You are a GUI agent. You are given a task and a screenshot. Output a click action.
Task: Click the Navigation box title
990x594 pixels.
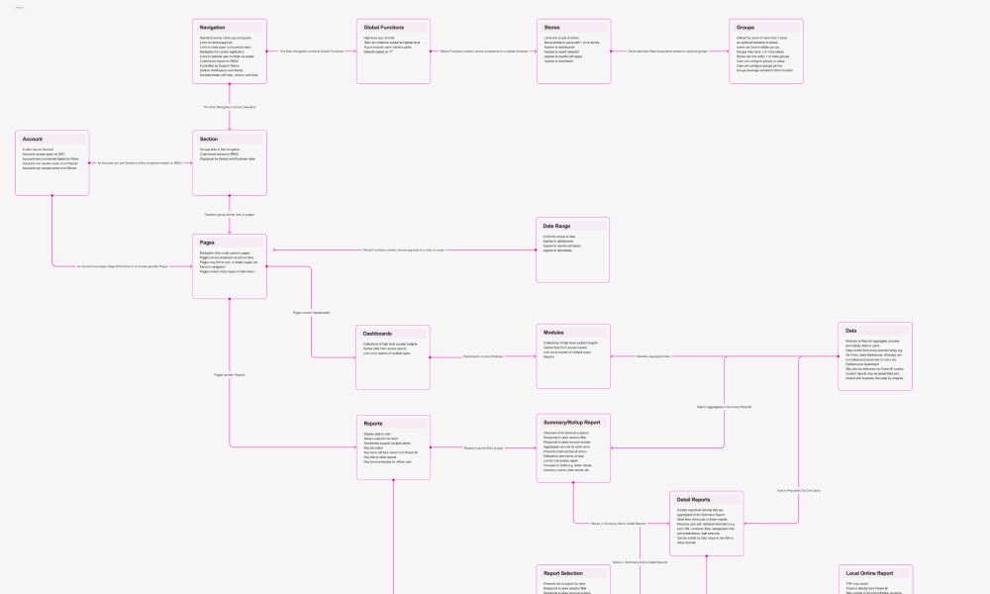[x=213, y=27]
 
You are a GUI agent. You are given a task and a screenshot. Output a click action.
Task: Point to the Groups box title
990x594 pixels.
[x=746, y=27]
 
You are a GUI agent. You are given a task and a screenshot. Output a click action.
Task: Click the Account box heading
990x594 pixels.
[x=33, y=140]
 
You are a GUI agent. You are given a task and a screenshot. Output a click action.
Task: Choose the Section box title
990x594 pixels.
[x=209, y=140]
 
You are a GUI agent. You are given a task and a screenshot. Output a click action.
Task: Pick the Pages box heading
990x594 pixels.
[x=208, y=243]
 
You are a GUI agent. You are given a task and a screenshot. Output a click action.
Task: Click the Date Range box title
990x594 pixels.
[x=556, y=226]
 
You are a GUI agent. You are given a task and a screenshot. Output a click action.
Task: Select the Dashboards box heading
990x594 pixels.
[x=378, y=334]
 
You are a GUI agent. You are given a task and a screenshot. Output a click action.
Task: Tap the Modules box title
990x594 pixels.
[x=554, y=332]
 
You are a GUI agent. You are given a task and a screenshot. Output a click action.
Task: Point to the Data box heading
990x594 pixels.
[x=851, y=331]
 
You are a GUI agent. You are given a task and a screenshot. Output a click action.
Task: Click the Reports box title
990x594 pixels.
[x=373, y=424]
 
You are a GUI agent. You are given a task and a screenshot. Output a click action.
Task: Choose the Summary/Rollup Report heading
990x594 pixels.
[x=572, y=423]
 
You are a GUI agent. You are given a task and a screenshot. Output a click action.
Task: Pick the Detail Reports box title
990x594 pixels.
[x=694, y=500]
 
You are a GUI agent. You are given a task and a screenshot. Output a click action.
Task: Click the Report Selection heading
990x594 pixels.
[x=563, y=573]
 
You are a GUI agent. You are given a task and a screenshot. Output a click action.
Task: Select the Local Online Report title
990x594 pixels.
[x=869, y=573]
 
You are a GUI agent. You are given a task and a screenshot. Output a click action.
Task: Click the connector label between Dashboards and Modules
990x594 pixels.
[x=483, y=356]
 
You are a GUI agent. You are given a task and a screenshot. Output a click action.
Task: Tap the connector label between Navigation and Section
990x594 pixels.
[x=230, y=106]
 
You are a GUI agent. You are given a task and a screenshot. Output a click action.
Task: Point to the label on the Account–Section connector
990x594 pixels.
[x=140, y=162]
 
